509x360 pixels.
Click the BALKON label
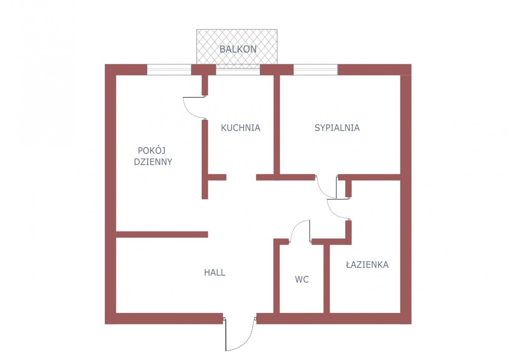[x=238, y=49]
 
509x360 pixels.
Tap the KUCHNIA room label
[x=241, y=128]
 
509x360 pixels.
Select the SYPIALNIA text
[x=337, y=128]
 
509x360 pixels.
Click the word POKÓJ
[x=151, y=151]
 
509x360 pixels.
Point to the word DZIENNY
[x=153, y=162]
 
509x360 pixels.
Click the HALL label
[x=215, y=273]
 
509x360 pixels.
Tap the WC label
[x=302, y=279]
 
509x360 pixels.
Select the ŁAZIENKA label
[x=367, y=264]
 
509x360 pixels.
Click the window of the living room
[x=169, y=70]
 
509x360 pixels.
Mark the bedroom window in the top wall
[x=316, y=70]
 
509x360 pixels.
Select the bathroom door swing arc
[x=332, y=212]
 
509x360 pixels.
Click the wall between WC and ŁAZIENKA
[x=327, y=279]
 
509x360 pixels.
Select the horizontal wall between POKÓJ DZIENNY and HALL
[x=162, y=234]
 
